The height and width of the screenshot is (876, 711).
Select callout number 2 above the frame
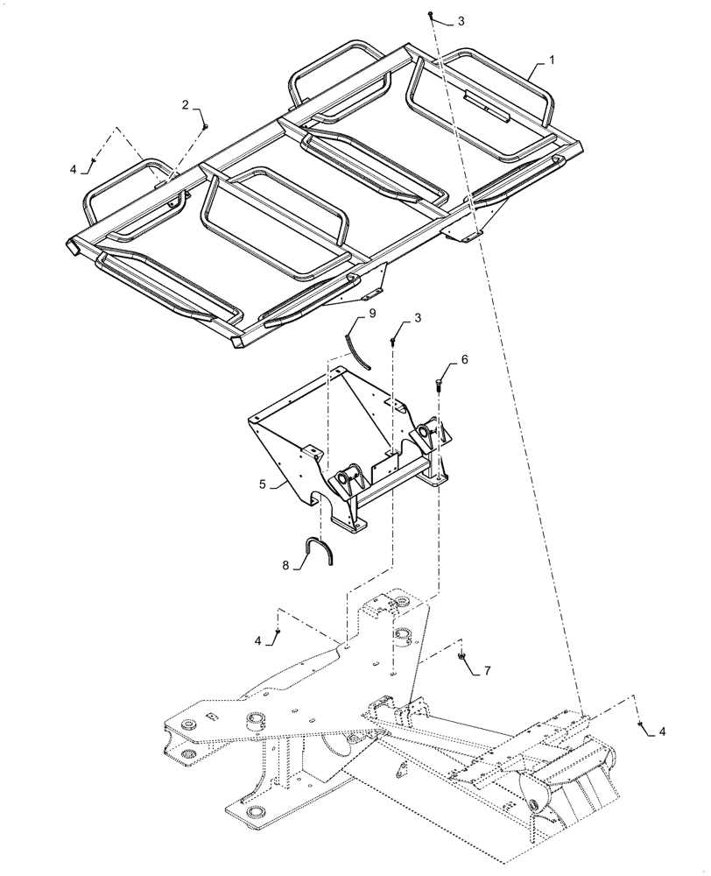tap(186, 104)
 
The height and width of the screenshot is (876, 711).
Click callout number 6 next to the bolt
tap(465, 359)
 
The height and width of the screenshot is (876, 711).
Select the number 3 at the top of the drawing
tap(461, 19)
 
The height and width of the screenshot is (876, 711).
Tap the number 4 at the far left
tap(74, 168)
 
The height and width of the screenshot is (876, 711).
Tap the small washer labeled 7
tap(461, 654)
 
